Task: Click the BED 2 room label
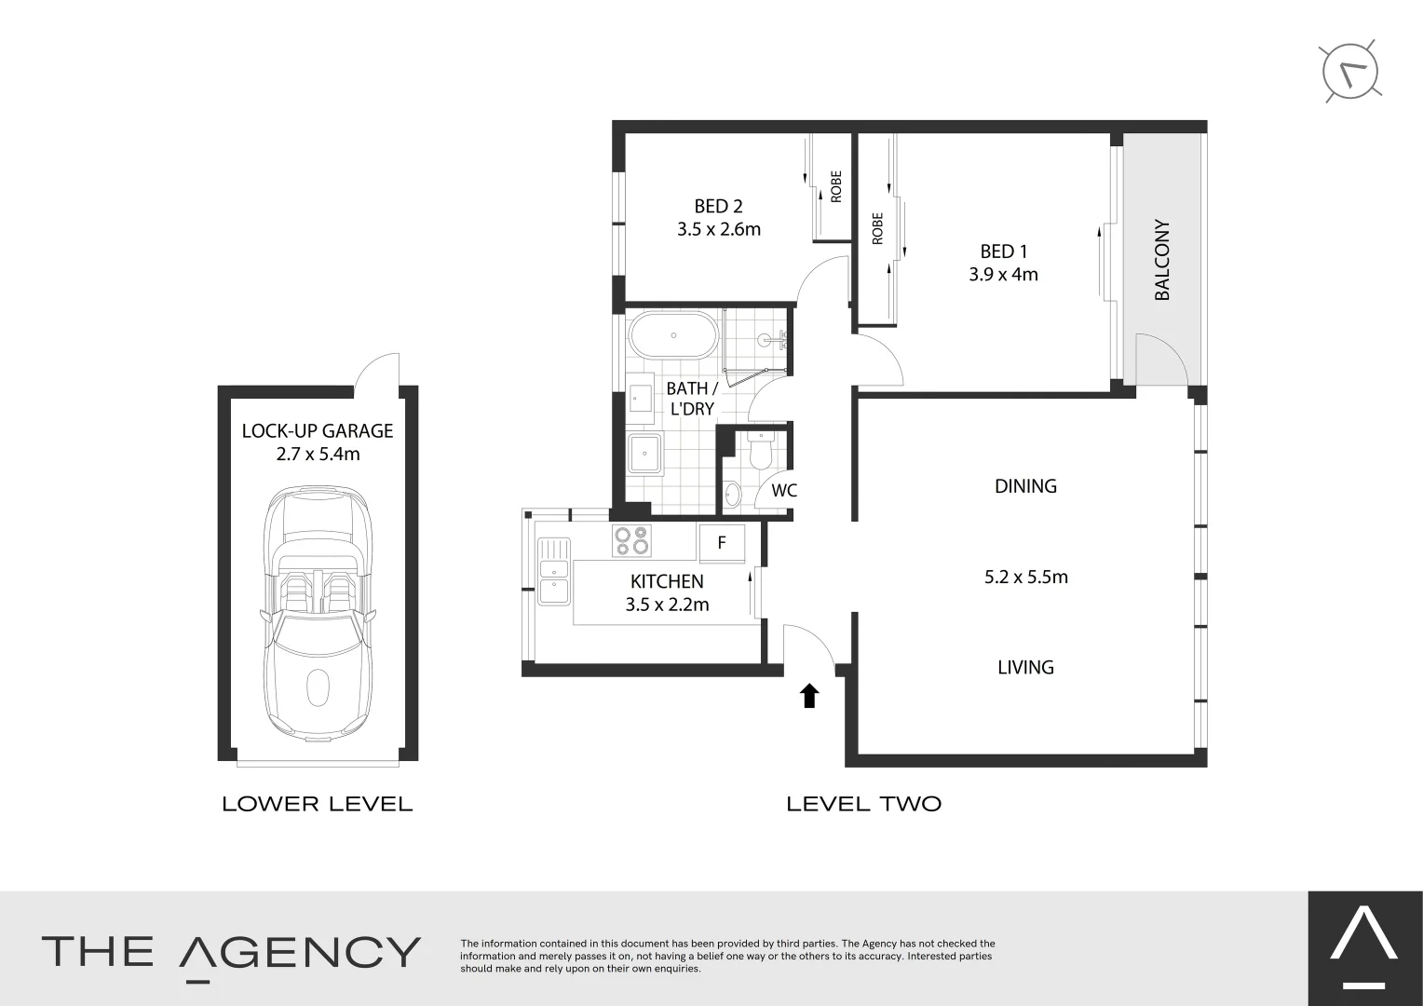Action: coord(718,206)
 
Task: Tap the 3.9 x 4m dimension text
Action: coord(1003,275)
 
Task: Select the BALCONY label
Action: coord(1161,260)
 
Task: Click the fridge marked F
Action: coord(722,542)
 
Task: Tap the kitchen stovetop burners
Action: coord(631,541)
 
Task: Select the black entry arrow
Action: coord(809,695)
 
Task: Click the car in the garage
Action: coord(318,615)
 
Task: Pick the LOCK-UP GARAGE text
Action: coord(318,431)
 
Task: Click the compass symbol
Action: coord(1351,72)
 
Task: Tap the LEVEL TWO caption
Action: coord(863,804)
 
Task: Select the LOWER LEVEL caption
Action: coord(317,804)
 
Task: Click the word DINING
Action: coord(1025,486)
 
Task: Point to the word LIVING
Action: coord(1025,667)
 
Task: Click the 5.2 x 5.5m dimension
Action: coord(1025,577)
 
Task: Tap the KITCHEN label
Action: coord(667,581)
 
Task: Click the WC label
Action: coord(784,490)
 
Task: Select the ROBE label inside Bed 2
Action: coord(835,186)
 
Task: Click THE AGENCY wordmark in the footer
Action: coord(231,952)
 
